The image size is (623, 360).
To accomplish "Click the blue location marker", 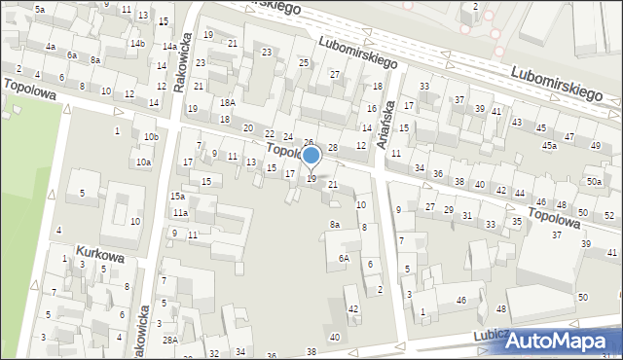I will click(311, 156).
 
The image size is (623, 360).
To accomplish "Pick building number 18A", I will click(227, 102).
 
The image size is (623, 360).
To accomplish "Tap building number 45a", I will click(550, 146).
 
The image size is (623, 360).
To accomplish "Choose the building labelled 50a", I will click(594, 182).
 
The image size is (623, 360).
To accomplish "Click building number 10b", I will click(150, 137).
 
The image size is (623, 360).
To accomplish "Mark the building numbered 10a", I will click(143, 162).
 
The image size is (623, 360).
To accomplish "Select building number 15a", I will click(177, 197).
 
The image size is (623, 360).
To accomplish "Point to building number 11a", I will click(180, 213).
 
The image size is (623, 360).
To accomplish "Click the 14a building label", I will click(169, 47).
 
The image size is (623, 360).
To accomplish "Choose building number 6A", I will click(344, 258).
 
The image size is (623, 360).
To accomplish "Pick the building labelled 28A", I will click(169, 340).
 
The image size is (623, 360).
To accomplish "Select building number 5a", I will click(40, 9).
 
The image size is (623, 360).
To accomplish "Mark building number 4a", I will click(50, 47).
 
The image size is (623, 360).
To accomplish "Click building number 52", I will click(609, 215).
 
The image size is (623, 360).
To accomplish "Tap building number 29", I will click(449, 210).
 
